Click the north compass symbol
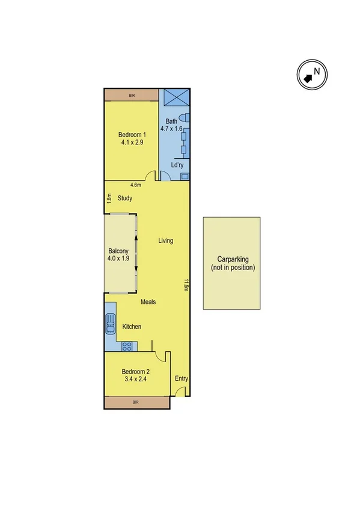312,75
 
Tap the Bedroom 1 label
130,138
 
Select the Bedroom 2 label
135,375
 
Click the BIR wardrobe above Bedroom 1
131,95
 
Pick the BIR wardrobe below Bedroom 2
135,402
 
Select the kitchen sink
110,324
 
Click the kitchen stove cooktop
127,346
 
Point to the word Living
165,241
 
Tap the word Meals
148,302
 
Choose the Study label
125,198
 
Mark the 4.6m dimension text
136,185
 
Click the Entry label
182,379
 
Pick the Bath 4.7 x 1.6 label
172,124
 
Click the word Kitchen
132,327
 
